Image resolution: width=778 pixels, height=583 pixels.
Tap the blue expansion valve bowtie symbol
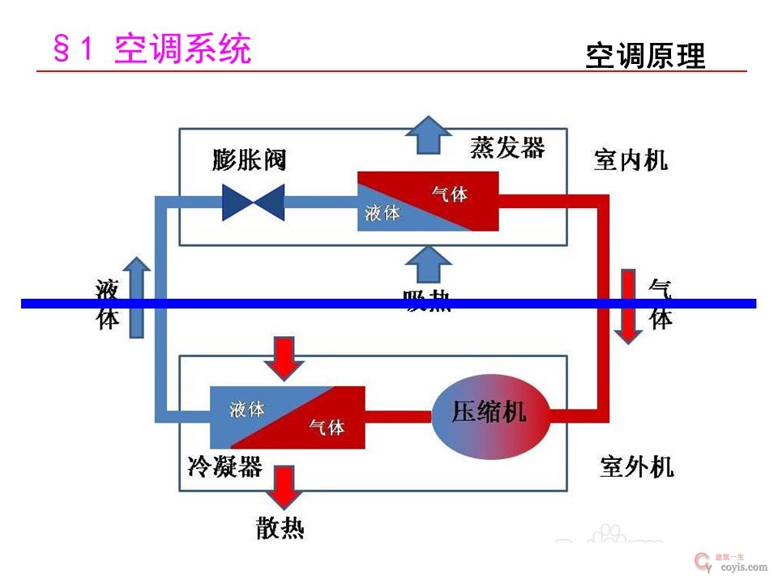click(254, 202)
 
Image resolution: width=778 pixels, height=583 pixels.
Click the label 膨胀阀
click(250, 160)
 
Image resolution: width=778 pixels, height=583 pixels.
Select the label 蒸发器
click(507, 148)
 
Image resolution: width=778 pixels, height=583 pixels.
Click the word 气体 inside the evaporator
click(450, 194)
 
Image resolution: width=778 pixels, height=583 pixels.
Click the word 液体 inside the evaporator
click(383, 214)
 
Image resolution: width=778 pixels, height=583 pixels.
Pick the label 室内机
click(631, 160)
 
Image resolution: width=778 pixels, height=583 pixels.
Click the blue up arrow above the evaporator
click(428, 134)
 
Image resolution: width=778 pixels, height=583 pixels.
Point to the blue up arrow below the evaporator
click(428, 266)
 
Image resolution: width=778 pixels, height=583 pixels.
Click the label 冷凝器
click(224, 466)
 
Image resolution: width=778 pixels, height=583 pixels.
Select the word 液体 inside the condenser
click(247, 409)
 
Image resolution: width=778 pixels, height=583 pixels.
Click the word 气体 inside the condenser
click(327, 427)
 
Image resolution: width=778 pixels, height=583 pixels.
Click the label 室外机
click(636, 467)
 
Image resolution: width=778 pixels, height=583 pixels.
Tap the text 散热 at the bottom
click(280, 529)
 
